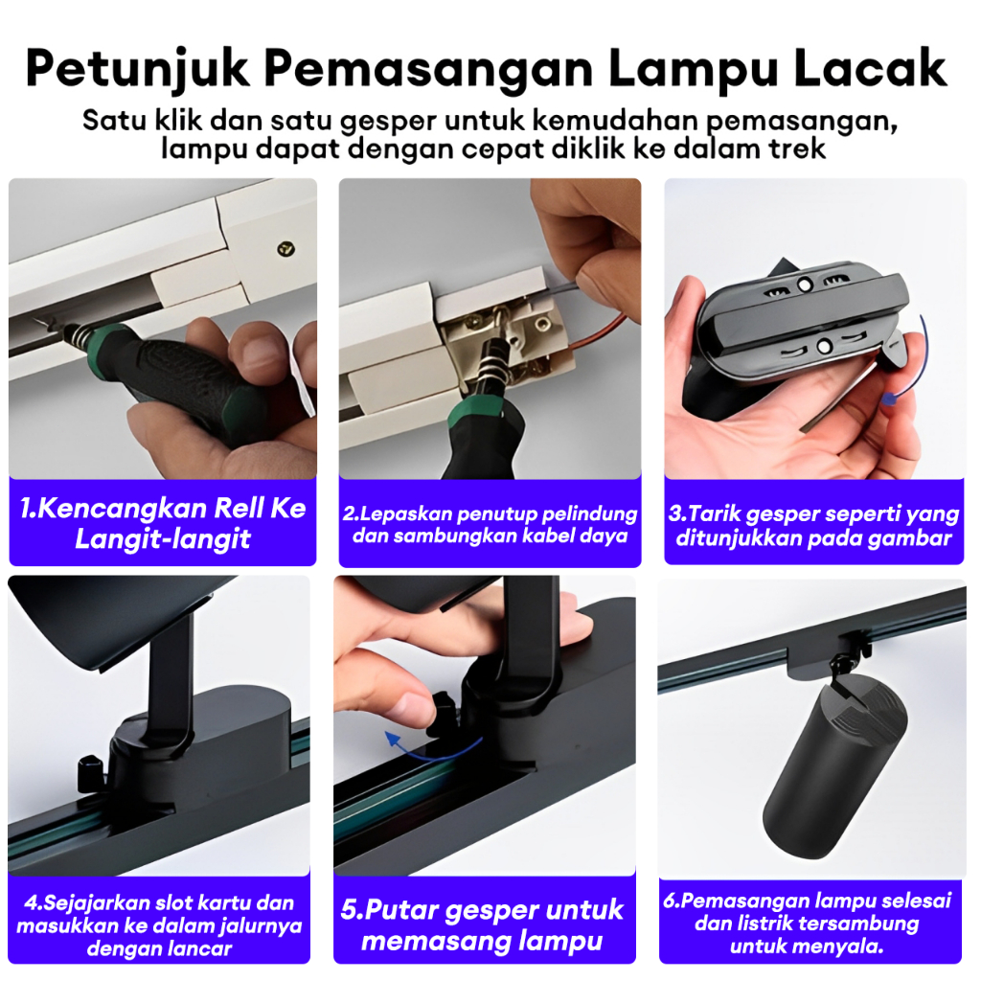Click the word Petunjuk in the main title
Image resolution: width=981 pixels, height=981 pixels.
tap(138, 70)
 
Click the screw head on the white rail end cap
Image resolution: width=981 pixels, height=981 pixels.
tap(285, 249)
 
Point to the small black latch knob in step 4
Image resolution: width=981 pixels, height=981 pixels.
tap(91, 773)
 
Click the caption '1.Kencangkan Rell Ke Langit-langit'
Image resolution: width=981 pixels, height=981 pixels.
tap(163, 523)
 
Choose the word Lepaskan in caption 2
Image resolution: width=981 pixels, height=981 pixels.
tap(406, 514)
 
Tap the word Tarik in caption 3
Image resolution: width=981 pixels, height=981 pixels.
tap(714, 513)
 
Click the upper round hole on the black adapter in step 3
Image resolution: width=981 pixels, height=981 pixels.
tap(805, 285)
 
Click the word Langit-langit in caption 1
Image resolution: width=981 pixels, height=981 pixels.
tap(163, 539)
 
